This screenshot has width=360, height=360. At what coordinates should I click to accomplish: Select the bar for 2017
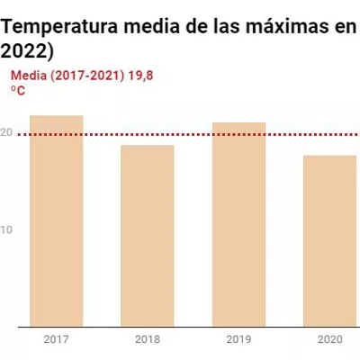pyautogui.click(x=57, y=220)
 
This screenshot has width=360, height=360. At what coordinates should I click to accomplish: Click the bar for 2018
pyautogui.click(x=148, y=236)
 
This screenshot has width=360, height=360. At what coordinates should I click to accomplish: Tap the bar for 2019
pyautogui.click(x=238, y=224)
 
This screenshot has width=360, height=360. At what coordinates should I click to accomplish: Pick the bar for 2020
pyautogui.click(x=330, y=241)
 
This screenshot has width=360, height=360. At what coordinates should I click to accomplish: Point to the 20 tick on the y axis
pyautogui.click(x=6, y=132)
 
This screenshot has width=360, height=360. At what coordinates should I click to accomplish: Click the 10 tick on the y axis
pyautogui.click(x=6, y=229)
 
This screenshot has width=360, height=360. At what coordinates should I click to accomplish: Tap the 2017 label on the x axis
pyautogui.click(x=57, y=339)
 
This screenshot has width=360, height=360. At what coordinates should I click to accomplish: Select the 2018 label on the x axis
pyautogui.click(x=148, y=339)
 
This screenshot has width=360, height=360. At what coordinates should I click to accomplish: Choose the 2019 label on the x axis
pyautogui.click(x=238, y=339)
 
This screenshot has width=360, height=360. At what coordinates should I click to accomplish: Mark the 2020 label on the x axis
pyautogui.click(x=330, y=339)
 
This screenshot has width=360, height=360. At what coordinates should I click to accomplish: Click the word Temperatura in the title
pyautogui.click(x=59, y=27)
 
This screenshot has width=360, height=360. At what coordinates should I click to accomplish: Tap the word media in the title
pyautogui.click(x=152, y=26)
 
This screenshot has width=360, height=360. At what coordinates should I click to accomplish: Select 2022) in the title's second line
pyautogui.click(x=27, y=52)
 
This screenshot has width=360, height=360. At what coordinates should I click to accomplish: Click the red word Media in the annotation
pyautogui.click(x=29, y=76)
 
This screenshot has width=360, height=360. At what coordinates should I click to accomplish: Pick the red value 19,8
pyautogui.click(x=140, y=76)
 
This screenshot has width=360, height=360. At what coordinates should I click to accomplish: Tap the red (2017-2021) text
pyautogui.click(x=87, y=76)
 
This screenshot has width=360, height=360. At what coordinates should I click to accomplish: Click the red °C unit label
pyautogui.click(x=18, y=90)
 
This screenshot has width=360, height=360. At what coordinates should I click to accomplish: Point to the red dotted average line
pyautogui.click(x=189, y=134)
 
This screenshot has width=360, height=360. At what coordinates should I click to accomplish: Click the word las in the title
pyautogui.click(x=227, y=26)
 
